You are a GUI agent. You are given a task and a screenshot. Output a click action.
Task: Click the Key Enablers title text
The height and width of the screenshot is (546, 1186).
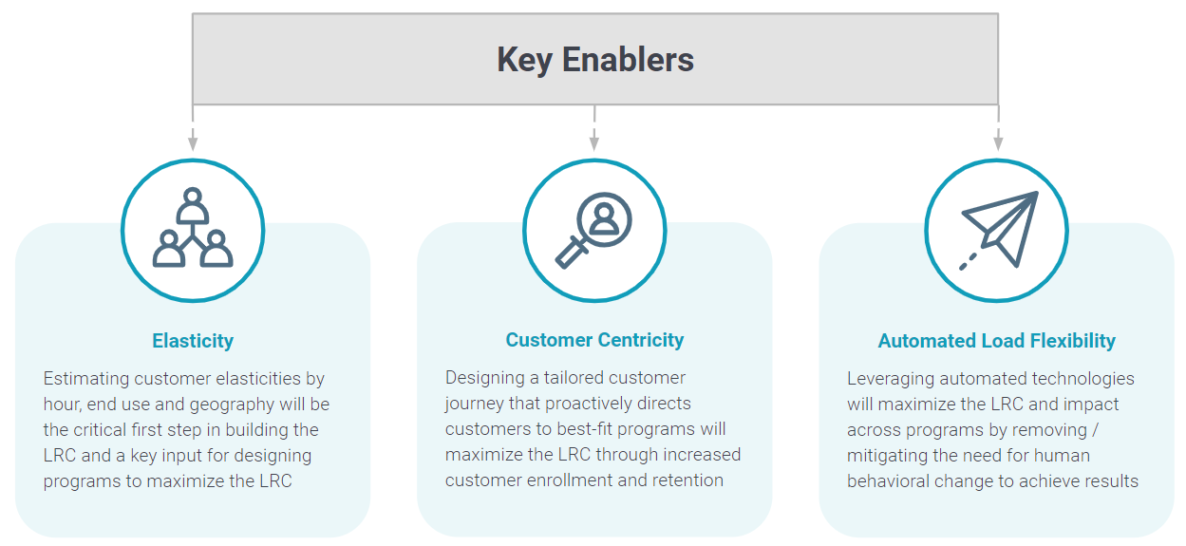coord(595,60)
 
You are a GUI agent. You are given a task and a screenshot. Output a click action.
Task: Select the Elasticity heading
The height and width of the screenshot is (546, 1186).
coord(193,341)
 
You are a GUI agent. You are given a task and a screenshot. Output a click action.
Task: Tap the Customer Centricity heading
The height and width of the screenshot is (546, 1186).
coord(594,340)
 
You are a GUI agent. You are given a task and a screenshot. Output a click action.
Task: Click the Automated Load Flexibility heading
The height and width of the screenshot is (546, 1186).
coord(996,341)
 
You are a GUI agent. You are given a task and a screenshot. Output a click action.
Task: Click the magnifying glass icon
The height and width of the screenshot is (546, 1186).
coord(594,230)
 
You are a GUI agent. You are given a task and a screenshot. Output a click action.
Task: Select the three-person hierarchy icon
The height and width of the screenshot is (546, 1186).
coord(193,229)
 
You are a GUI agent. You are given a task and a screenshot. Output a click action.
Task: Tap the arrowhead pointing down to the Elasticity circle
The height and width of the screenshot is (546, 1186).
coord(193,143)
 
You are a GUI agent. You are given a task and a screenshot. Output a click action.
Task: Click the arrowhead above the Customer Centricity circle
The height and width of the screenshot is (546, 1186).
coord(594,143)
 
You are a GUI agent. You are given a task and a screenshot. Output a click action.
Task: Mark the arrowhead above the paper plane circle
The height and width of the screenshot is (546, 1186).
coord(998,143)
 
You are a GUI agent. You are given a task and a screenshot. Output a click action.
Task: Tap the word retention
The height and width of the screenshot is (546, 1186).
coord(683,480)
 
